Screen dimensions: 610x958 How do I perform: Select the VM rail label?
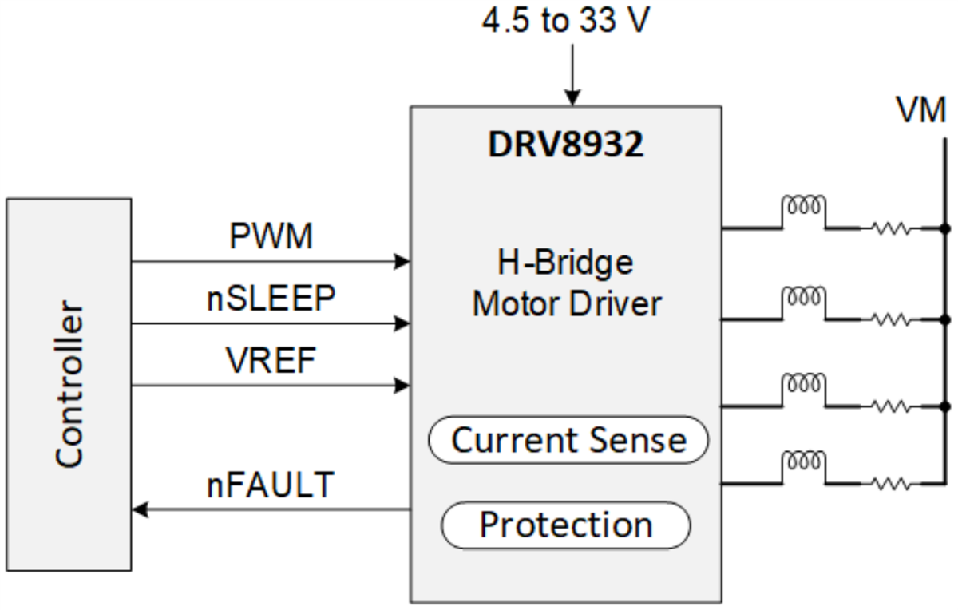coord(920,111)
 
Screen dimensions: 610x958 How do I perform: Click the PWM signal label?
coord(271,236)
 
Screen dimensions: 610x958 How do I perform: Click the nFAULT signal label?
coord(271,485)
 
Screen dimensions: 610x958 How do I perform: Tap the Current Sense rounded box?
coord(568,440)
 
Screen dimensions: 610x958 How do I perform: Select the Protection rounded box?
coord(565,525)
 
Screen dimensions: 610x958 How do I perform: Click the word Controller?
coord(69,383)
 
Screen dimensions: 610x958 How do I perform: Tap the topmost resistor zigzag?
coord(890,229)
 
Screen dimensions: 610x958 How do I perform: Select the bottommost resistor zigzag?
coord(890,483)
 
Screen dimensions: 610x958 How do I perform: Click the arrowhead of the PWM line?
coord(403,261)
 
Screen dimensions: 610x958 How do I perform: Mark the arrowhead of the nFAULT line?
coord(140,509)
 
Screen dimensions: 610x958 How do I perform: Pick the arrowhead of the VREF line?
coord(403,386)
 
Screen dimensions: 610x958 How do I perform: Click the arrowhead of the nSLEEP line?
coord(403,323)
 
